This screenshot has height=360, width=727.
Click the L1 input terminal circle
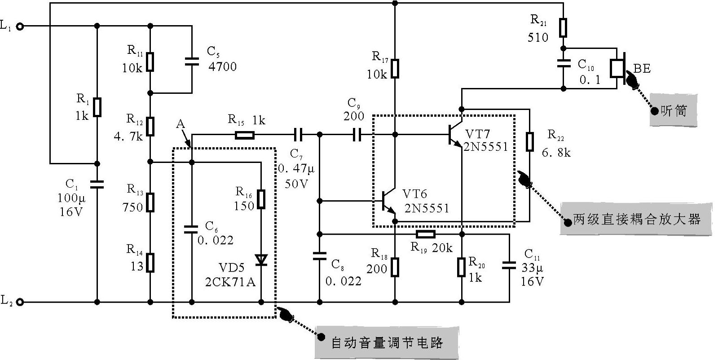click(x=20, y=26)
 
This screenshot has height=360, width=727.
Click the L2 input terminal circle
click(x=20, y=302)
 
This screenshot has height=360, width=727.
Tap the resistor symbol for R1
click(x=97, y=107)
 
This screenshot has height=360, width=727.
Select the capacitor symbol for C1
click(x=97, y=184)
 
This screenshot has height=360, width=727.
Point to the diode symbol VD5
click(x=261, y=260)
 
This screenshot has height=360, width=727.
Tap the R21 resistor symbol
click(x=563, y=27)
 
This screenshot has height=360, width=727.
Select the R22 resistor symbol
click(x=529, y=141)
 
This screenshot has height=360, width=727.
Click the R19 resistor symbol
click(x=425, y=234)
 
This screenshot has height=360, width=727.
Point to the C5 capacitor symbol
click(x=192, y=61)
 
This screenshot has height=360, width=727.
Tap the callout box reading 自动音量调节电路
click(x=386, y=342)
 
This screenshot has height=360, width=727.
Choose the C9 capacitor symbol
click(x=357, y=134)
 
